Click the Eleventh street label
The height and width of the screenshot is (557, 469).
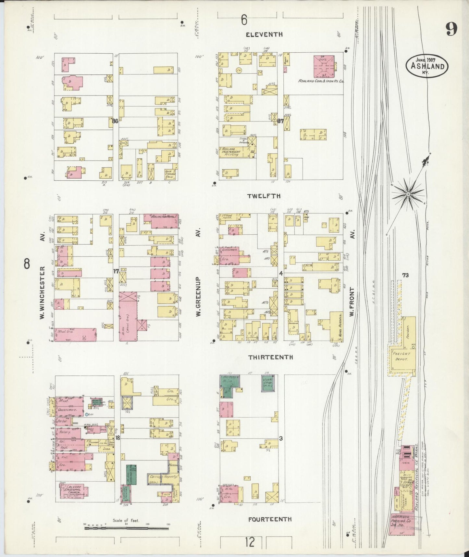click(x=264, y=34)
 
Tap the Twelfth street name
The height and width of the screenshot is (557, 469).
click(x=264, y=196)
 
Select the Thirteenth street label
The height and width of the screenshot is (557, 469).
click(x=270, y=357)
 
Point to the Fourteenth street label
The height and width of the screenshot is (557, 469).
click(x=270, y=519)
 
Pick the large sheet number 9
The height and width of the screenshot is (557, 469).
click(x=451, y=30)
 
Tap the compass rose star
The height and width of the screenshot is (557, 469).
click(x=408, y=194)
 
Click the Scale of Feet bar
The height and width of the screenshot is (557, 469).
click(x=127, y=528)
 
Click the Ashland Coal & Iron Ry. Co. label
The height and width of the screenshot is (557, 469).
click(x=321, y=81)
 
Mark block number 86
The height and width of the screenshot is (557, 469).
click(x=115, y=121)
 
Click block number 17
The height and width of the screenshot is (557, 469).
click(x=116, y=271)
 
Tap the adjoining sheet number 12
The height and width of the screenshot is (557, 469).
click(x=249, y=542)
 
